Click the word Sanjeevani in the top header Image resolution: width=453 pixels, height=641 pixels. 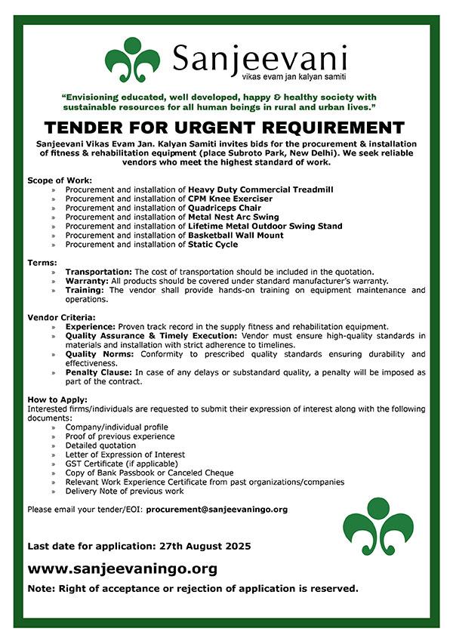259,57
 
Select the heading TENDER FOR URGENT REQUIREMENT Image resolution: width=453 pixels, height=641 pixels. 224,128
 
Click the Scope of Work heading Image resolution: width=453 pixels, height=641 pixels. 60,180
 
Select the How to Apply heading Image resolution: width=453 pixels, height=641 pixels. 56,399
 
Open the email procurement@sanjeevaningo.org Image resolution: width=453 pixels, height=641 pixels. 217,510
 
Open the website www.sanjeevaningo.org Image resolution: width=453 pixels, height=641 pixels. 122,569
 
